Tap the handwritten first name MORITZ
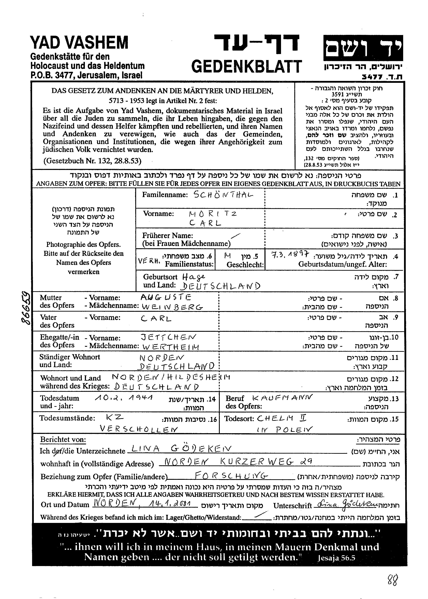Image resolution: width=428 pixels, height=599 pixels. click(211, 214)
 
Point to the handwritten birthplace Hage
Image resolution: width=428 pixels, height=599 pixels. click(193, 277)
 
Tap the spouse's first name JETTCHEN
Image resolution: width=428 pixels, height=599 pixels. click(169, 337)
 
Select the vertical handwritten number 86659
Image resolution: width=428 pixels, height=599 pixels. click(26, 308)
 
